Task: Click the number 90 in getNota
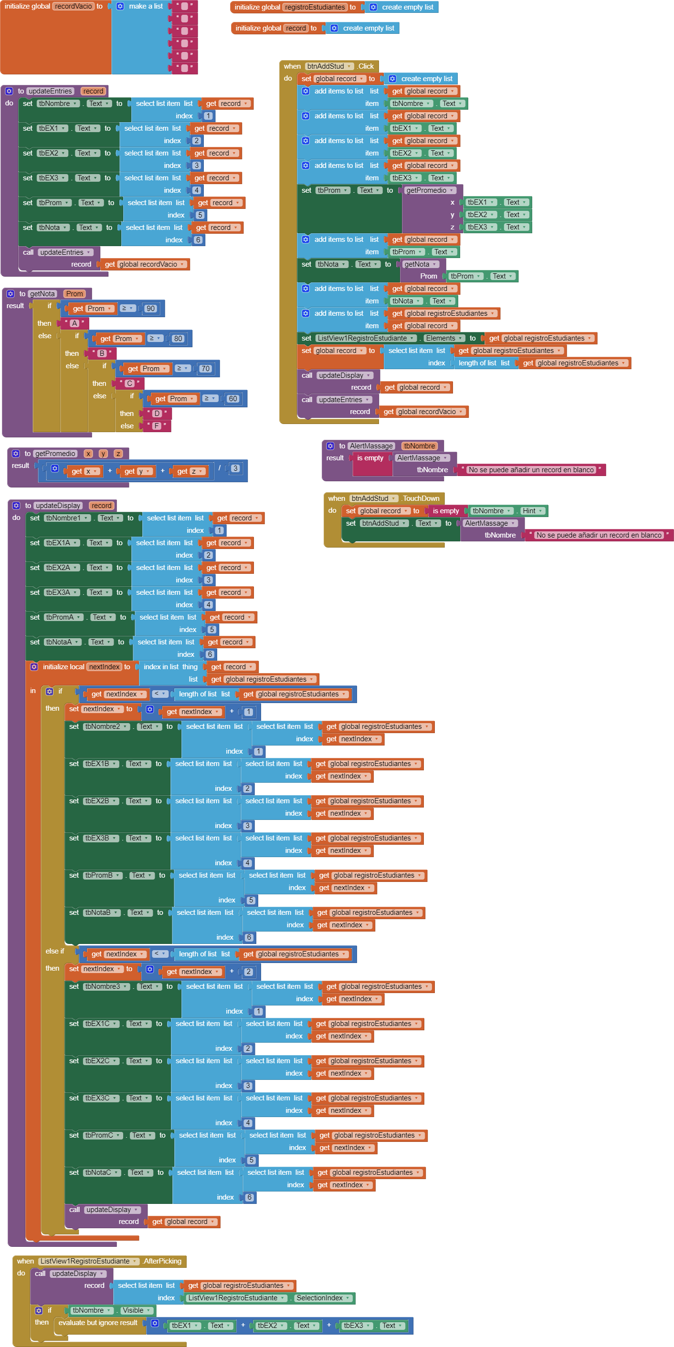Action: tap(151, 309)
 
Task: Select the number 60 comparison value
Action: tap(233, 398)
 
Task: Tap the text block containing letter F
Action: tap(157, 426)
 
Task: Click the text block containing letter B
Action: tap(102, 353)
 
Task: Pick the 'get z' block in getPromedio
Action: tap(190, 471)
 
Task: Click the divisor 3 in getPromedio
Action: tap(235, 468)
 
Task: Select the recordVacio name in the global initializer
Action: tap(73, 6)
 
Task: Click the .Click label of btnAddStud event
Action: tap(366, 66)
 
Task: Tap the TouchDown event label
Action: tap(421, 498)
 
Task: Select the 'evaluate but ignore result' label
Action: tap(98, 1323)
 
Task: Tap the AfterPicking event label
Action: tap(162, 1261)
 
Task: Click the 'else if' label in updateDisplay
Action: tap(54, 951)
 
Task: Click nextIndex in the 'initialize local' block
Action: tap(104, 667)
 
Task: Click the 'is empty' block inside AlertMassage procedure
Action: tap(370, 458)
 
